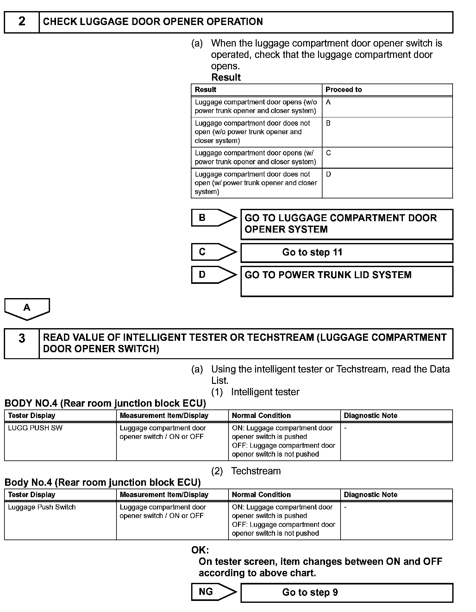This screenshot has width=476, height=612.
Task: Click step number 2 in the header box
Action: point(22,22)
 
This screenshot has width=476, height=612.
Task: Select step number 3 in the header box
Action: point(22,339)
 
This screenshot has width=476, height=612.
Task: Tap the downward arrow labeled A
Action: point(27,309)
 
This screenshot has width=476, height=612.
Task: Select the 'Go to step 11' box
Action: point(347,253)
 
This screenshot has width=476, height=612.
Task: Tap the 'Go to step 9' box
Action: point(347,593)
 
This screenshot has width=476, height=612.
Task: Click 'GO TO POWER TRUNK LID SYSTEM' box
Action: point(347,281)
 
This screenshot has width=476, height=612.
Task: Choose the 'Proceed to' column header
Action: point(344,90)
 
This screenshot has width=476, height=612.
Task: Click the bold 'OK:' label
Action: point(200,550)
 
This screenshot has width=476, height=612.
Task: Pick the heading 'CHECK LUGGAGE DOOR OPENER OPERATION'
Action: point(153,22)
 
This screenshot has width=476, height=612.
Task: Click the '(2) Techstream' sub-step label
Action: point(246,471)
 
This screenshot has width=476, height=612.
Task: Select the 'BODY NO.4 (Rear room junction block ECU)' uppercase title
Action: point(105,403)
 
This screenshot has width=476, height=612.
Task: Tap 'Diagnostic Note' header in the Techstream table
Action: point(371,495)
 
